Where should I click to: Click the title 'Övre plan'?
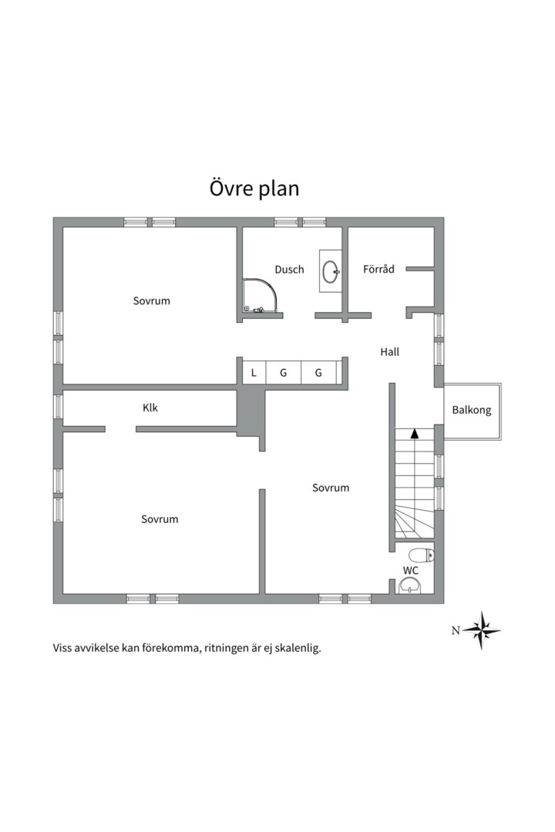click(x=254, y=189)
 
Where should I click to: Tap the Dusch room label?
click(x=290, y=270)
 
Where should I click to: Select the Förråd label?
click(x=378, y=269)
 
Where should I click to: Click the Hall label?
click(x=390, y=352)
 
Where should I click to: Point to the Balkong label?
click(x=472, y=410)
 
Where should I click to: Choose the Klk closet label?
click(x=150, y=408)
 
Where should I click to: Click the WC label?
click(x=411, y=571)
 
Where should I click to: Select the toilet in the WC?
click(x=422, y=555)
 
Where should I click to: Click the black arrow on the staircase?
click(x=415, y=433)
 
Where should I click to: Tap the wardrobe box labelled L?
click(x=254, y=373)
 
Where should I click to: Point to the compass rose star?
click(x=482, y=631)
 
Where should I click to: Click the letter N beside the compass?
click(x=456, y=631)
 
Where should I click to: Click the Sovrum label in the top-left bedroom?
click(x=152, y=301)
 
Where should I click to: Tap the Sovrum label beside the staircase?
click(x=331, y=488)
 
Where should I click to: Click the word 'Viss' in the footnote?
click(x=62, y=648)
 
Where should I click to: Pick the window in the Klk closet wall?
click(x=58, y=407)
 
